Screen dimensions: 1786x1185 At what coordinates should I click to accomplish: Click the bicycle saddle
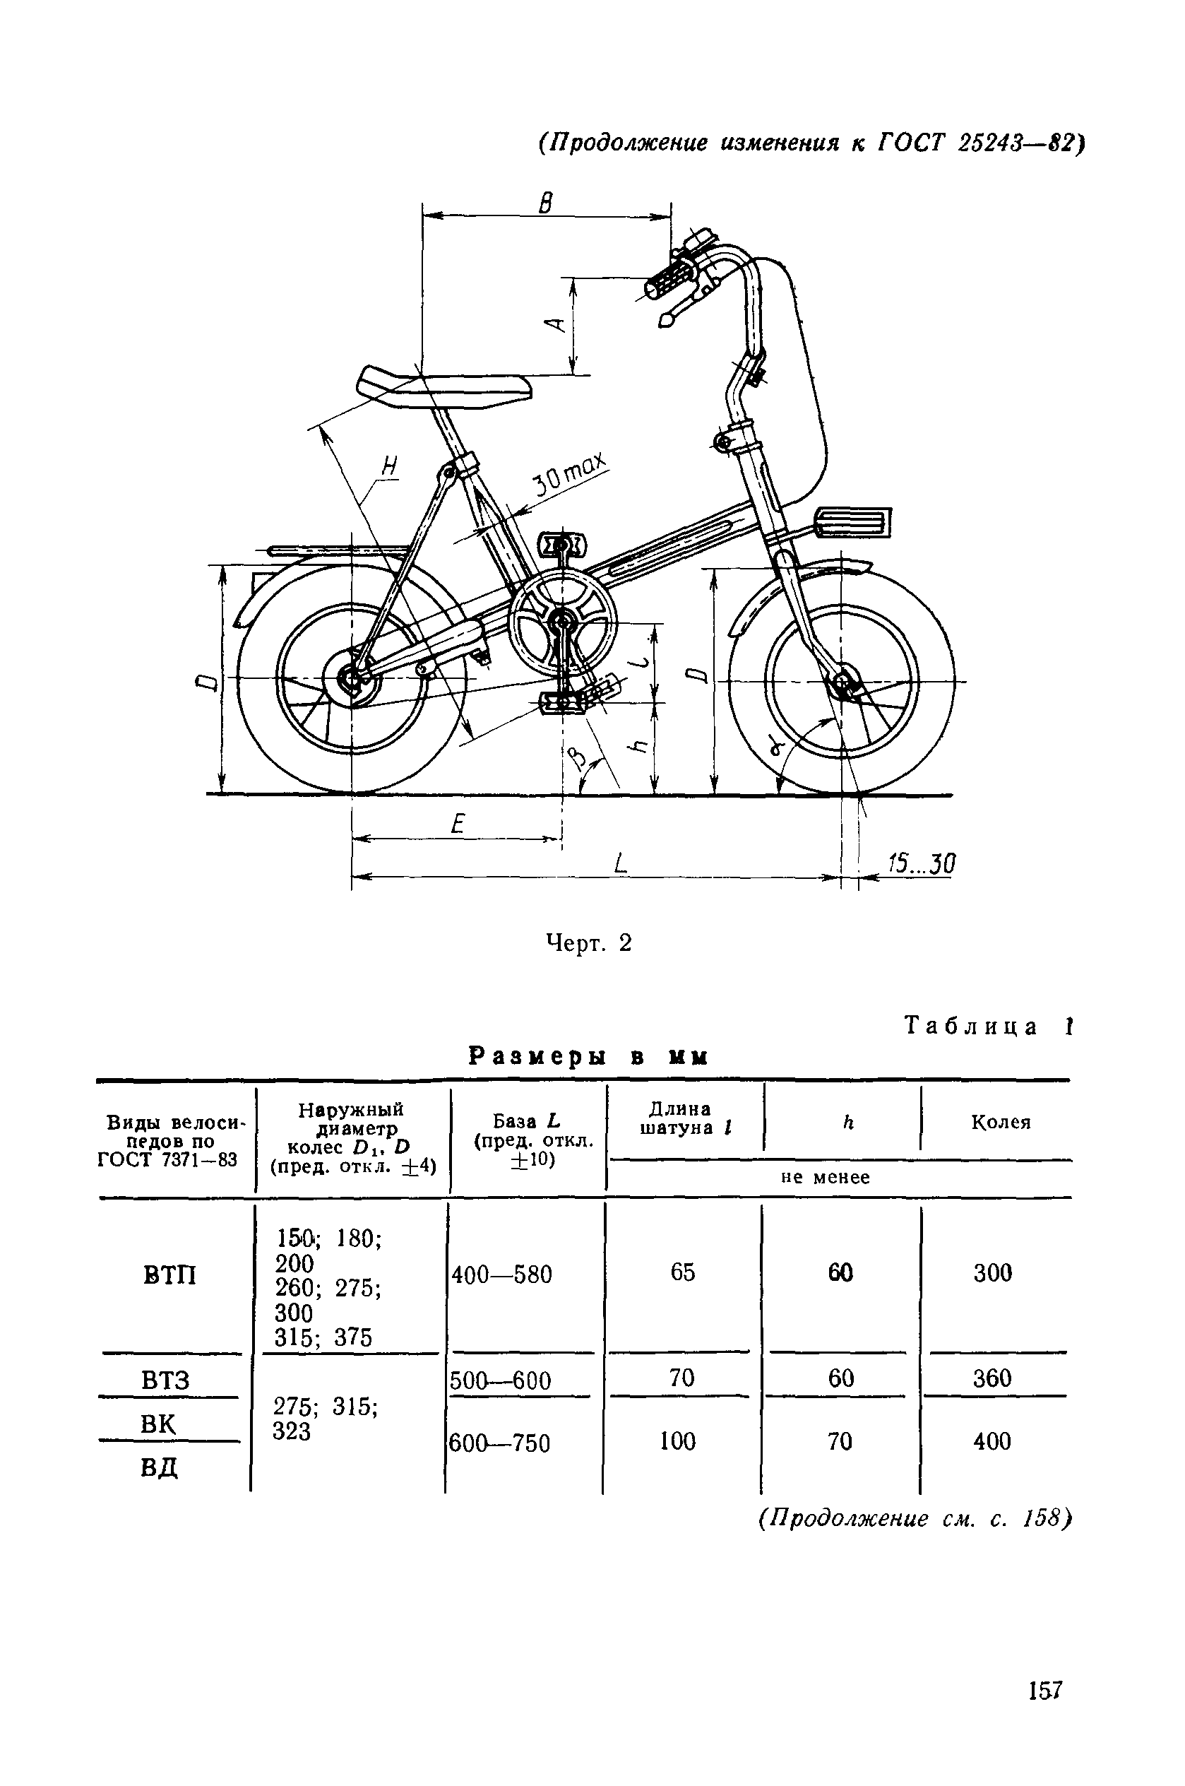[x=446, y=387]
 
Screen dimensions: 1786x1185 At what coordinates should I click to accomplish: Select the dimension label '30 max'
[x=571, y=475]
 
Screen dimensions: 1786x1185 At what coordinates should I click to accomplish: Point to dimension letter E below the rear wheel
[x=456, y=823]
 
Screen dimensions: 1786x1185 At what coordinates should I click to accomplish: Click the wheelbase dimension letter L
[x=621, y=863]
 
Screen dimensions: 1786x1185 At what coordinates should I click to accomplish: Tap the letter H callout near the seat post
[x=388, y=466]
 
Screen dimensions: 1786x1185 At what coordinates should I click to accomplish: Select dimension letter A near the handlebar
[x=558, y=324]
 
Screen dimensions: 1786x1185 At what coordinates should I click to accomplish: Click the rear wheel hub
[x=352, y=678]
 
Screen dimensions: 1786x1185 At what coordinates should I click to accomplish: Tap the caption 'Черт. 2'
[x=589, y=943]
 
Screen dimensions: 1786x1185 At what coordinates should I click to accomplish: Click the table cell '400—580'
[x=502, y=1275]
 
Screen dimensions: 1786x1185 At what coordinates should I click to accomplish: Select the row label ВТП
[x=170, y=1276]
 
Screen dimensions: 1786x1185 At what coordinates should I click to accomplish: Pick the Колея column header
[x=1001, y=1123]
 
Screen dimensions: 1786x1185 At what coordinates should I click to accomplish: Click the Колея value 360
[x=992, y=1378]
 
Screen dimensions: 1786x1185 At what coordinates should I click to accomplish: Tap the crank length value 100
[x=678, y=1441]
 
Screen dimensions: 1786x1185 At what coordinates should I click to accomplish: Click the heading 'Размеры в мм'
[x=588, y=1056]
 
